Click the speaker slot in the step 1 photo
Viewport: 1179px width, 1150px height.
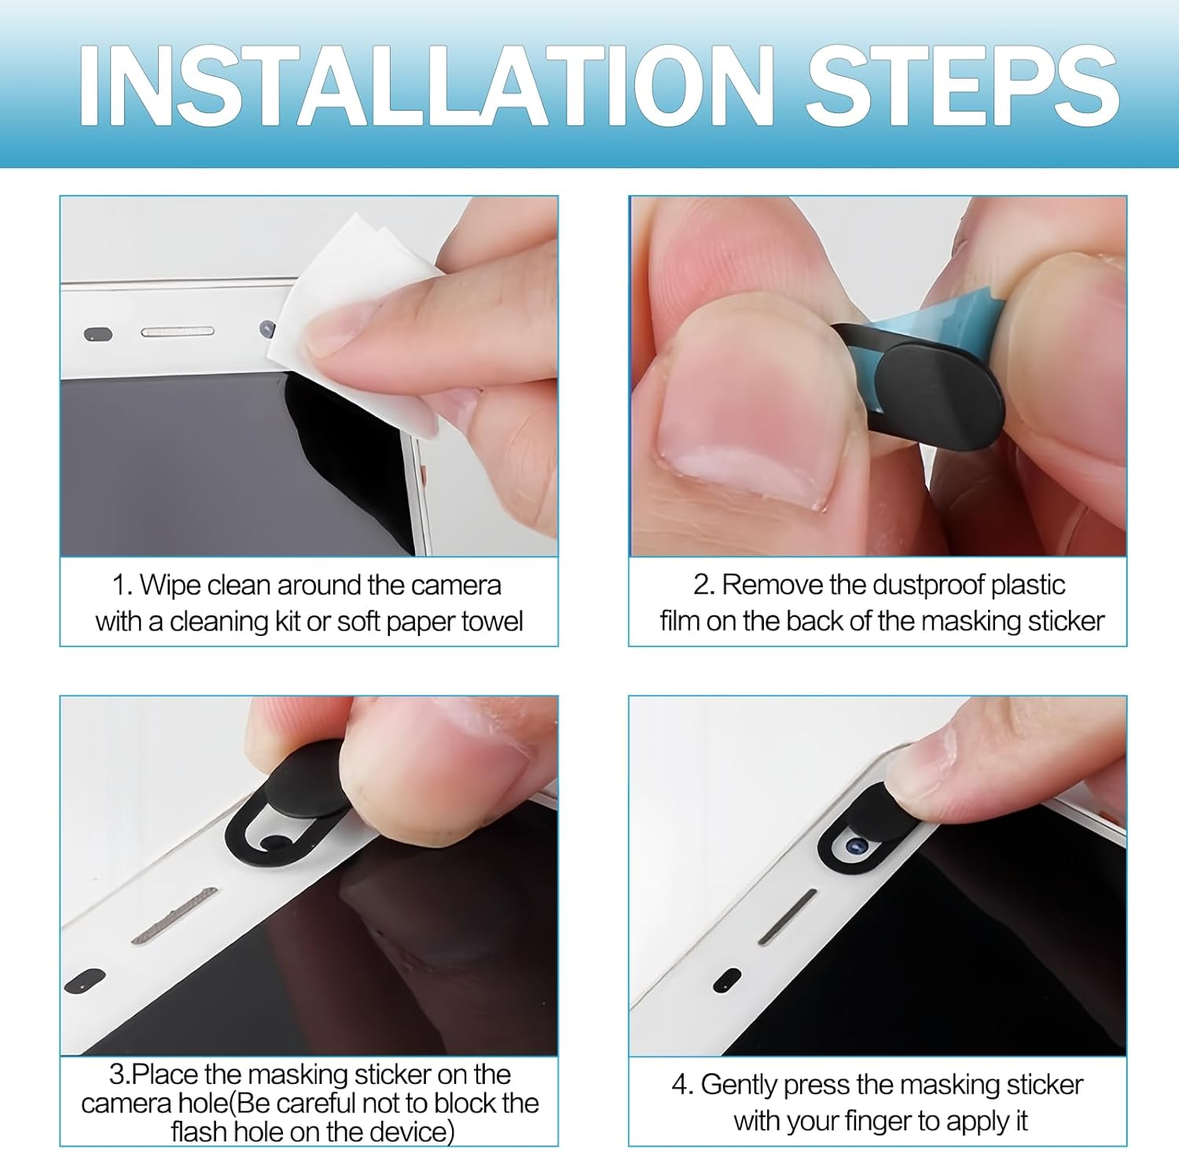click(178, 332)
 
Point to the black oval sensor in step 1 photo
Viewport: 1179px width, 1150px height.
click(98, 334)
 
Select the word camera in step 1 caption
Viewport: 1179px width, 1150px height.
click(456, 586)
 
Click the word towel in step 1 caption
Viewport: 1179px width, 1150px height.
click(492, 622)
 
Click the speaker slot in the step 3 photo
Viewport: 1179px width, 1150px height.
click(174, 916)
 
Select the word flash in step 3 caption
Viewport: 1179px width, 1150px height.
click(197, 1132)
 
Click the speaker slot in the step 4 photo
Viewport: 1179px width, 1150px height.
click(787, 917)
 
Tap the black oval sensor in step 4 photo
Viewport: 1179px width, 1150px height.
click(727, 979)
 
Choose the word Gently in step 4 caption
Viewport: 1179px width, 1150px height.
click(738, 1086)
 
